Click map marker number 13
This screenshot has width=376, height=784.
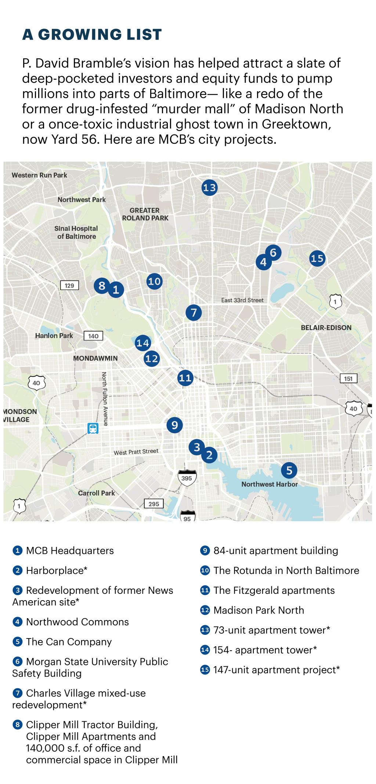[209, 188]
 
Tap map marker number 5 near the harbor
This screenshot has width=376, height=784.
[289, 470]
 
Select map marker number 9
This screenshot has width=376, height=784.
[174, 425]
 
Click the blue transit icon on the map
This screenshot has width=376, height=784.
[93, 429]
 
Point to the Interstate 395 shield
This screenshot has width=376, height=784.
[187, 478]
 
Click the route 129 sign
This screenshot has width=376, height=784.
[69, 285]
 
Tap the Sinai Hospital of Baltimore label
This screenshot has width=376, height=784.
[76, 232]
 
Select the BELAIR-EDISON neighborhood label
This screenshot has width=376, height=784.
[326, 327]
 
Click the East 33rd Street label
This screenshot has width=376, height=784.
[242, 300]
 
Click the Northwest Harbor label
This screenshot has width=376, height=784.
[269, 484]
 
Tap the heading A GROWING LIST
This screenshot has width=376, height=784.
[92, 34]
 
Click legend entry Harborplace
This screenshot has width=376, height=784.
[56, 570]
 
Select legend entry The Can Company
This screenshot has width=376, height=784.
[69, 642]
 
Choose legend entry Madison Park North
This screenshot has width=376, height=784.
[258, 610]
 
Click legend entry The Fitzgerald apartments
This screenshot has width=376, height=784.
[274, 590]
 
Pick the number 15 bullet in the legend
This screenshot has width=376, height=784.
[205, 670]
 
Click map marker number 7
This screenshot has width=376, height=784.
[194, 313]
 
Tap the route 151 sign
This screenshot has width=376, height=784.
[348, 379]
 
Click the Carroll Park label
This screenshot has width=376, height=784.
[96, 493]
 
